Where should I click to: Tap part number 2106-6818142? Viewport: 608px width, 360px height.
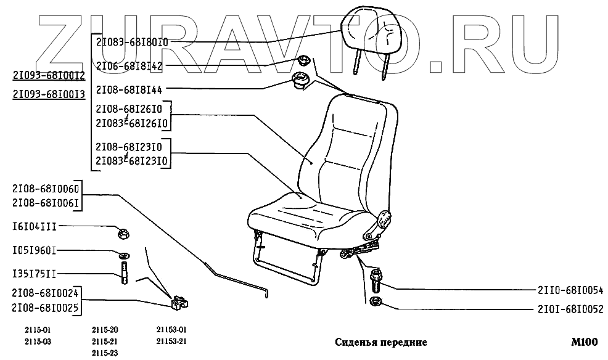click(128, 65)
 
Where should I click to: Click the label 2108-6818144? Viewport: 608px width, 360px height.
click(128, 89)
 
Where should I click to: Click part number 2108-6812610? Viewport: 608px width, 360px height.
click(128, 108)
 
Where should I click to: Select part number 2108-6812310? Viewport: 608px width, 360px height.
click(128, 147)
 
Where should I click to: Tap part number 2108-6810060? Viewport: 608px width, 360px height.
click(45, 189)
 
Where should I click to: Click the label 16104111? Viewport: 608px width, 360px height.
click(35, 226)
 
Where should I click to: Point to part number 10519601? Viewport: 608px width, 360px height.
click(35, 251)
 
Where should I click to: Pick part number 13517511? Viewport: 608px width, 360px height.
click(35, 273)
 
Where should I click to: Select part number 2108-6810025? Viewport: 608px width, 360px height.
click(45, 306)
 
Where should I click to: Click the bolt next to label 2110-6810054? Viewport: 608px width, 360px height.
click(374, 280)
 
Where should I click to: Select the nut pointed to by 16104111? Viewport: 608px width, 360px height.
click(123, 233)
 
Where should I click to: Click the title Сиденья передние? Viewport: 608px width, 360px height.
click(380, 342)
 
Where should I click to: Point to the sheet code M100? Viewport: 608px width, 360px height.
click(583, 342)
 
